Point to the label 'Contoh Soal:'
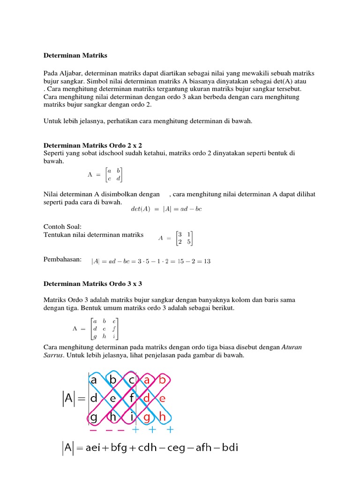click(x=62, y=227)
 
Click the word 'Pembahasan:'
click(x=62, y=259)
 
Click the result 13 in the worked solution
click(x=207, y=261)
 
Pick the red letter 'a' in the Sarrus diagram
click(x=147, y=380)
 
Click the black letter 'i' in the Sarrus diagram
click(x=133, y=416)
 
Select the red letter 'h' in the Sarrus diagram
click(x=162, y=416)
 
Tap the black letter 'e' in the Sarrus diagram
click(x=112, y=398)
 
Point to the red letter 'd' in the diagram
click(x=147, y=398)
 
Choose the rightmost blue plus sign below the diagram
click(x=170, y=430)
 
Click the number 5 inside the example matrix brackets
click(x=188, y=242)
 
